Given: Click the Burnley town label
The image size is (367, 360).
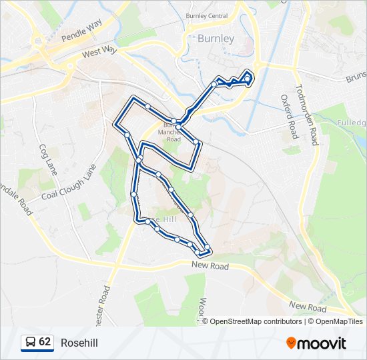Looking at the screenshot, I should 216,39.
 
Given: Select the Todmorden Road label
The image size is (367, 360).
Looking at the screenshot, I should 308,115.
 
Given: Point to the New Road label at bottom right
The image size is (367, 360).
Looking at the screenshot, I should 308,307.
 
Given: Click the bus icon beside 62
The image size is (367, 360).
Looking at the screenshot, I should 30,343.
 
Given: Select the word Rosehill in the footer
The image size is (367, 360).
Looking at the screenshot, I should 79,343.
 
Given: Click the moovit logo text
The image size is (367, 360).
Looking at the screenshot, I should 322,343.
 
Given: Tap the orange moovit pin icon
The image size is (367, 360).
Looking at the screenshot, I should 291,343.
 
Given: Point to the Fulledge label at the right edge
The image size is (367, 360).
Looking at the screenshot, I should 352,123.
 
